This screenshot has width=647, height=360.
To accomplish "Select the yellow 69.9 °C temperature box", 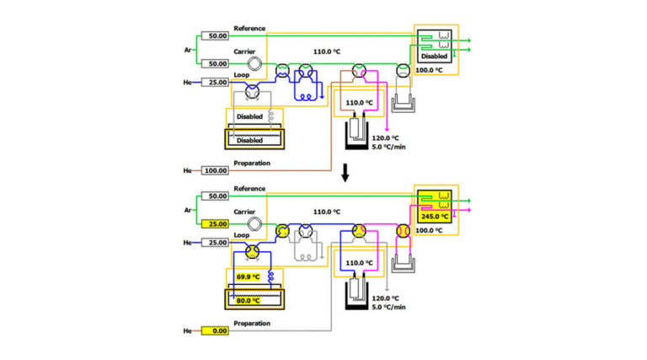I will (x=246, y=277).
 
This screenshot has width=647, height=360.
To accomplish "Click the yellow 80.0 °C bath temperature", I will (x=246, y=297).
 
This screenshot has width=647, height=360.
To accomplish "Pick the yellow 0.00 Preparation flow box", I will (x=217, y=331).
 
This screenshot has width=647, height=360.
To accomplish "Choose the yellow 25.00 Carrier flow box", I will (x=217, y=223).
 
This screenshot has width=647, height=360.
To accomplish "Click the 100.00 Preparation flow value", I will (x=217, y=171).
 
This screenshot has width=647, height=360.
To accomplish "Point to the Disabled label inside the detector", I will (x=435, y=56).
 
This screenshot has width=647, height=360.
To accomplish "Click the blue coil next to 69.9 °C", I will (x=271, y=276).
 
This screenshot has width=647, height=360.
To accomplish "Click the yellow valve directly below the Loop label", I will (x=252, y=251).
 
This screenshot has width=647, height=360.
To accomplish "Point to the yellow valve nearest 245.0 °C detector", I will (x=403, y=229).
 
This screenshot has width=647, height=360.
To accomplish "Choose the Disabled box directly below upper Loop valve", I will (x=249, y=116).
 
